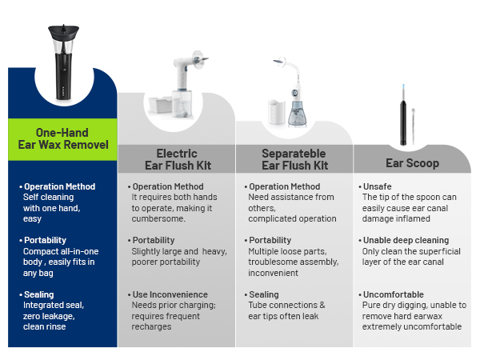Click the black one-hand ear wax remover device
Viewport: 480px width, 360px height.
[x=63, y=62]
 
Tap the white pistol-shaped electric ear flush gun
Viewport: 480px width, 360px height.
[x=187, y=74]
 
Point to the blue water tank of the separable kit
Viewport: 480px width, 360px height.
[x=296, y=113]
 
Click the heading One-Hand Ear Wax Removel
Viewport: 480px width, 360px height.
[x=63, y=138]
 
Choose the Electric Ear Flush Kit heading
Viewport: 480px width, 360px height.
[x=178, y=159]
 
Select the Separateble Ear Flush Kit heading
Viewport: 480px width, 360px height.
[x=294, y=159]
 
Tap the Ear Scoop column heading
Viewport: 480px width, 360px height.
[x=412, y=163]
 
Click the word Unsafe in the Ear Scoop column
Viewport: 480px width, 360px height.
[x=377, y=186]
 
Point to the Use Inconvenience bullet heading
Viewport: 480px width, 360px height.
[x=170, y=294]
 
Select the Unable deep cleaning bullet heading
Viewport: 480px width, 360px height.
[x=406, y=240]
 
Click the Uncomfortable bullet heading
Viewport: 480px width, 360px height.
[x=394, y=294]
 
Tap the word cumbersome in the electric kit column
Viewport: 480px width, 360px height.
[x=158, y=219]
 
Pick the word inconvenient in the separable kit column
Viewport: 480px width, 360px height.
[x=273, y=273]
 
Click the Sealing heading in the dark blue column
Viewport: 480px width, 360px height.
[x=39, y=294]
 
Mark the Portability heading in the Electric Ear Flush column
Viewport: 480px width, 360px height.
[x=154, y=240]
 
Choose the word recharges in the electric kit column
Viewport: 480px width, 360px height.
[x=151, y=327]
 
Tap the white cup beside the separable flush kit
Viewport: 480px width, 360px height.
[x=277, y=112]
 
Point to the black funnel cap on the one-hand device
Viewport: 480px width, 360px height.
[x=63, y=32]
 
